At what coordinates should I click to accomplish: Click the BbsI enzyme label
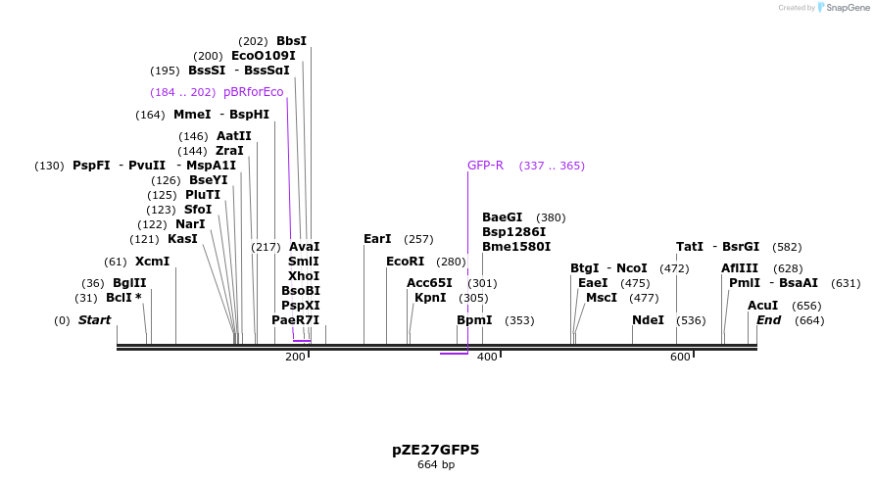291,41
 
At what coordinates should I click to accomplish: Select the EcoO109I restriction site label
263,56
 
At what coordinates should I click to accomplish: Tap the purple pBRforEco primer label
253,92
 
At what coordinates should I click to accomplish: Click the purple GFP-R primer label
485,166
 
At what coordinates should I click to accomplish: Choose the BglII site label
129,283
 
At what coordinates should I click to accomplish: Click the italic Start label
94,320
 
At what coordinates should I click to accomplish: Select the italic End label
768,320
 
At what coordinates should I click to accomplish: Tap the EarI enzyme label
377,239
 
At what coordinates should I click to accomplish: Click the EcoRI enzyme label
405,262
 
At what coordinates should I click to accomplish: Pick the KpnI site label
430,298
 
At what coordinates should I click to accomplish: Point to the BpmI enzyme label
474,320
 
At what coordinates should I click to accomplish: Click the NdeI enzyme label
648,320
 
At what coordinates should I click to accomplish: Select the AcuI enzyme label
762,306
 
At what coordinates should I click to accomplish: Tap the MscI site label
602,298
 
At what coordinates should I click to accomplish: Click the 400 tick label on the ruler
487,357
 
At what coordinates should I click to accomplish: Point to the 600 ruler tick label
680,357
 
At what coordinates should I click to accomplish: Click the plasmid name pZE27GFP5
436,450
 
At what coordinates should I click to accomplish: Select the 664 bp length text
436,464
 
